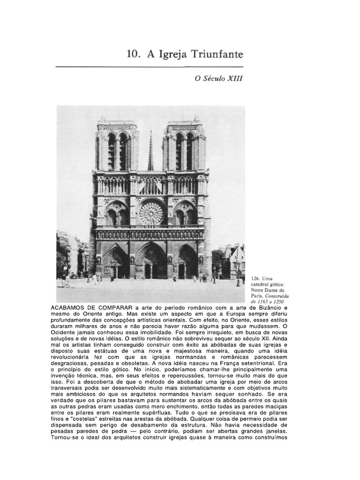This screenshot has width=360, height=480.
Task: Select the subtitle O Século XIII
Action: (x=219, y=79)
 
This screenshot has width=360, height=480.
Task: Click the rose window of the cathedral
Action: (x=151, y=213)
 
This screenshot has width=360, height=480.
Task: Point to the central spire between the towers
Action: (x=150, y=152)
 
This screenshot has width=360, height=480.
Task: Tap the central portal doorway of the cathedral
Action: (x=150, y=263)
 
